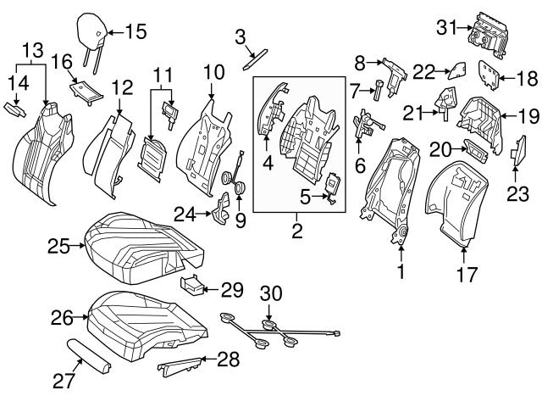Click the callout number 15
tap(135, 32)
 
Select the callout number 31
tap(446, 27)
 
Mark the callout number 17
tap(467, 275)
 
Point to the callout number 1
tap(401, 272)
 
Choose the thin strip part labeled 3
tap(251, 57)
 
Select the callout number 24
tap(185, 212)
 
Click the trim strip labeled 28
tap(180, 365)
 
